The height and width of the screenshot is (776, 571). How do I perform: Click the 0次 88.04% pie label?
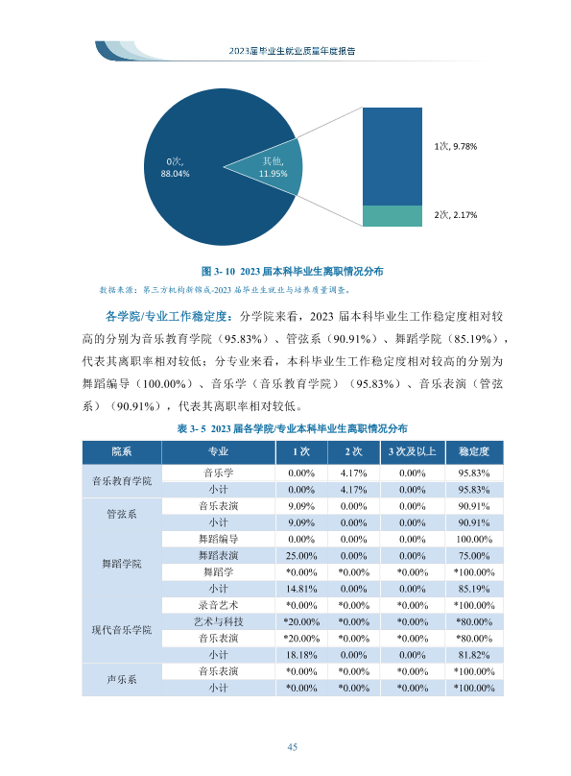(175, 167)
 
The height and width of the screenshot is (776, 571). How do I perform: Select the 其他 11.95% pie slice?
(276, 167)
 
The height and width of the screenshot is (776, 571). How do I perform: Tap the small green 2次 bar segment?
(393, 216)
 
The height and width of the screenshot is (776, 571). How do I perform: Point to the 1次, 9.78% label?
(455, 146)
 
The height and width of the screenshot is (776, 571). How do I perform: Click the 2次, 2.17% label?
(455, 215)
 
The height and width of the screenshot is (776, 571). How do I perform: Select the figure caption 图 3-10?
(292, 271)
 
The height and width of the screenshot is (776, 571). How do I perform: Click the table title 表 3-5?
(292, 428)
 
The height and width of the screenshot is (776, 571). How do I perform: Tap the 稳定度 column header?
(474, 451)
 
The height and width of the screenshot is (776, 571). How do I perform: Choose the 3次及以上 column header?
(413, 451)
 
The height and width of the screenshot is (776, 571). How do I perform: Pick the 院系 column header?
(122, 451)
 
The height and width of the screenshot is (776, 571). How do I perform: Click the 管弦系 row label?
(122, 514)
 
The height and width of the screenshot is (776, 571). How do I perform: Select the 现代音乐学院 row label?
(122, 630)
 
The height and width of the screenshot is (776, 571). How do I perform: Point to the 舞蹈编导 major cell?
(218, 539)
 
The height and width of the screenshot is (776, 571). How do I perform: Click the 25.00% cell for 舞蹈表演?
(301, 556)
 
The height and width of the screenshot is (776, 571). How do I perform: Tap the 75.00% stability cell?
(474, 556)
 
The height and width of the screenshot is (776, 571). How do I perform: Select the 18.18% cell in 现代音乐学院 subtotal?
(301, 655)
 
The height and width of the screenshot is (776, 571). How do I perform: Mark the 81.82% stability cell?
(474, 655)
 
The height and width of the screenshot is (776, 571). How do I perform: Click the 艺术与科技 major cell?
(218, 621)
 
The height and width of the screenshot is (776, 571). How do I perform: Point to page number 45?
(292, 747)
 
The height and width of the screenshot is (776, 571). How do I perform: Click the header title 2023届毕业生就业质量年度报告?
(292, 51)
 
